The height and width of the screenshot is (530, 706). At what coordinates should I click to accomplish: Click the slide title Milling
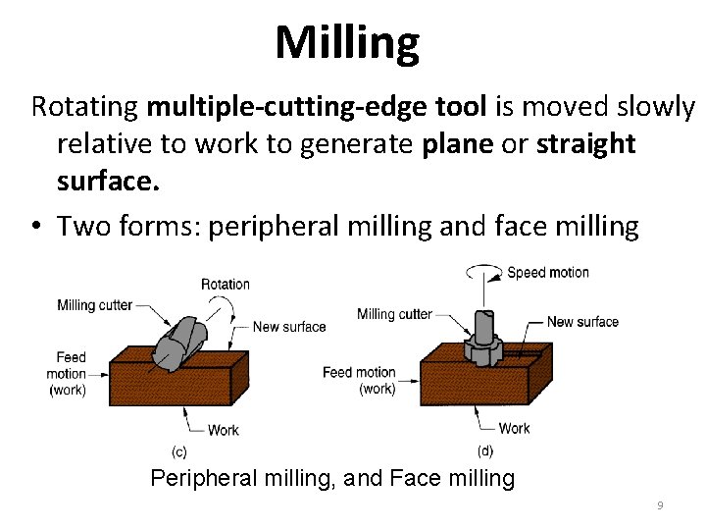(347, 42)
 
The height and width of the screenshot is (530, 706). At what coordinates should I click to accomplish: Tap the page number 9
(660, 505)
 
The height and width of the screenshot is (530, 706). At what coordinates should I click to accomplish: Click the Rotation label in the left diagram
(225, 285)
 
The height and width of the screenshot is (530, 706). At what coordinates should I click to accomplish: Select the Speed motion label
(547, 272)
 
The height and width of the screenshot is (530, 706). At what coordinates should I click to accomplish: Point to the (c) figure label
(179, 451)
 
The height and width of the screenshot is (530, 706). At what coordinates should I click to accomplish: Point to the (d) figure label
(484, 451)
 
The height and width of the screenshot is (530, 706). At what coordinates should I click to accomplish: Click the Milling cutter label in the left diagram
(94, 304)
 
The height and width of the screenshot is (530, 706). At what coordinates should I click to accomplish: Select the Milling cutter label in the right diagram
(394, 314)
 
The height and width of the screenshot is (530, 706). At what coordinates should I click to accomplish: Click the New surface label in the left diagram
(289, 327)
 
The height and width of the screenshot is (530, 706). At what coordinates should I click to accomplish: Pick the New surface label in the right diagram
(582, 322)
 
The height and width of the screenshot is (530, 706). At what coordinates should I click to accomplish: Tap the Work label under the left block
(223, 430)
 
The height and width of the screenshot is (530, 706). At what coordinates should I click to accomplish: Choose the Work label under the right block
(514, 428)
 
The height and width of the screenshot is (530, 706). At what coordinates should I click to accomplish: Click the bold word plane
(457, 144)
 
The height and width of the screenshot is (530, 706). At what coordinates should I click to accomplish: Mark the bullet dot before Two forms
(35, 228)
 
